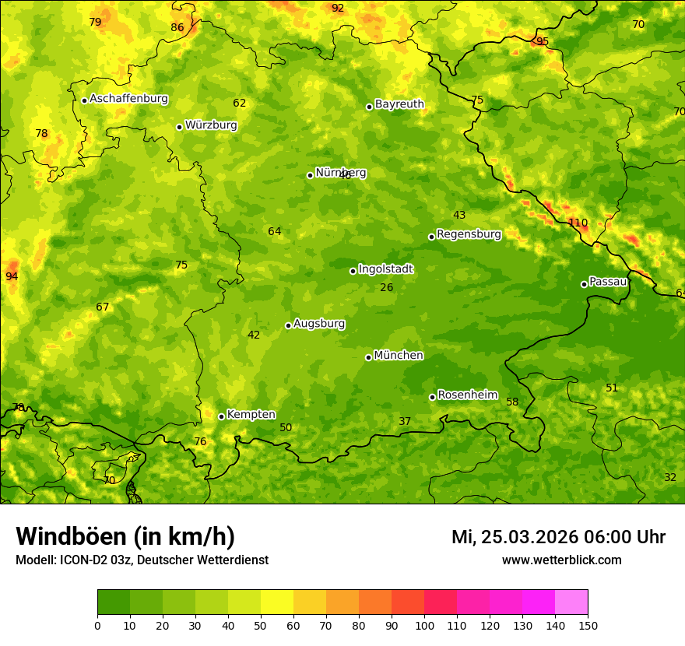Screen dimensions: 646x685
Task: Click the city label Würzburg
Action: pyautogui.click(x=211, y=125)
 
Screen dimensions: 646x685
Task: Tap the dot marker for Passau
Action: pyautogui.click(x=584, y=284)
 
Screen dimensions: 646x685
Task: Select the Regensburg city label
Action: pyautogui.click(x=469, y=234)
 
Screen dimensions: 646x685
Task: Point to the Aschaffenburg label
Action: pyautogui.click(x=128, y=99)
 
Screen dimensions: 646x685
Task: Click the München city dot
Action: pyautogui.click(x=368, y=357)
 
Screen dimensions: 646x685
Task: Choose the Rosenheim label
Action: pyautogui.click(x=467, y=395)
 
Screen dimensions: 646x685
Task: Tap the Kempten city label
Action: pyautogui.click(x=251, y=415)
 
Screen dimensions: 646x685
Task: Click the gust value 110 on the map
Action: pyautogui.click(x=578, y=223)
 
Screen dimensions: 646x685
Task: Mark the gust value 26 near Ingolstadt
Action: pyautogui.click(x=387, y=288)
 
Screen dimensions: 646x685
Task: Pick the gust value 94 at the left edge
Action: pyautogui.click(x=12, y=276)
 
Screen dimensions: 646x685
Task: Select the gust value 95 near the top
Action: pyautogui.click(x=543, y=41)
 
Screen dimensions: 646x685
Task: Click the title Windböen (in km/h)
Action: pyautogui.click(x=125, y=536)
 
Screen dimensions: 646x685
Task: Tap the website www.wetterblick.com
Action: pyautogui.click(x=561, y=560)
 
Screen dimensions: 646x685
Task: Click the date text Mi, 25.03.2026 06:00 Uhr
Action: pyautogui.click(x=558, y=537)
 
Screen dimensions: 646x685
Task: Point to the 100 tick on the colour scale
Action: pyautogui.click(x=424, y=624)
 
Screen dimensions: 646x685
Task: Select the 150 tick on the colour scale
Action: pyautogui.click(x=588, y=624)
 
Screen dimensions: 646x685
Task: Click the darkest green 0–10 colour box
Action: pyautogui.click(x=114, y=602)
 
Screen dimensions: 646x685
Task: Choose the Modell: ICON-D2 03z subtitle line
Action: pyautogui.click(x=142, y=560)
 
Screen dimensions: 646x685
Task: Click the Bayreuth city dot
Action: pyautogui.click(x=369, y=107)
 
